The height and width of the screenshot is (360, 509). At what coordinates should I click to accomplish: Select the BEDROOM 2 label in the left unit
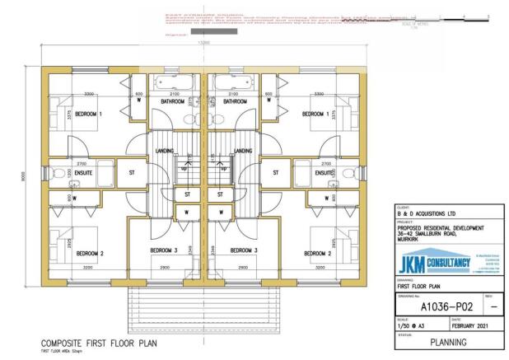89,255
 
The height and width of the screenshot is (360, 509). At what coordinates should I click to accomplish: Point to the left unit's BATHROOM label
166,102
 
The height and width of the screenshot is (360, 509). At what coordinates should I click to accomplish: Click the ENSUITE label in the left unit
83,174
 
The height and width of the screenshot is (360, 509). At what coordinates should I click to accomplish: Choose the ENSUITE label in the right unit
326,174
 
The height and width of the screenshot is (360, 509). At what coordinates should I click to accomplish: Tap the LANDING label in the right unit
243,151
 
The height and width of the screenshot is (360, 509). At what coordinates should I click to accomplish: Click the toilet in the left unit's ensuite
54,174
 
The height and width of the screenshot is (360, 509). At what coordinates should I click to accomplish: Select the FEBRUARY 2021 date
475,325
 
